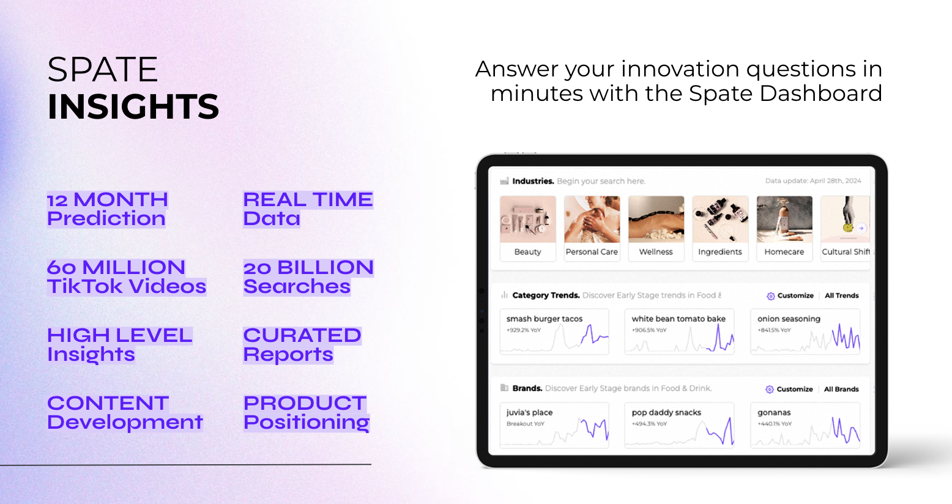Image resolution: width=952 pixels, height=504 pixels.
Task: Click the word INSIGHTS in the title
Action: click(x=133, y=106)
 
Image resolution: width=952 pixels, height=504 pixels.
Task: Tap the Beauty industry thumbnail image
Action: click(x=528, y=220)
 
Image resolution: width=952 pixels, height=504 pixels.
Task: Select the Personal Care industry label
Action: click(x=592, y=251)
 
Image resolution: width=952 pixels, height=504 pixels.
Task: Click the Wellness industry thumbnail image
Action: click(x=656, y=220)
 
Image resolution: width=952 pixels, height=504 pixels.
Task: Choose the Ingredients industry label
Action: click(x=720, y=251)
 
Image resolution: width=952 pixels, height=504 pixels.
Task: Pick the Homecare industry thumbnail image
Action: click(x=784, y=220)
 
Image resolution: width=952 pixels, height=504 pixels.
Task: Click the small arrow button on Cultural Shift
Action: click(x=861, y=228)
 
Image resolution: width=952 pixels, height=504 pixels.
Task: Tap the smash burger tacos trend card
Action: click(x=554, y=332)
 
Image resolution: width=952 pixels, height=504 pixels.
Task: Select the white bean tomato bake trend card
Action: click(x=679, y=332)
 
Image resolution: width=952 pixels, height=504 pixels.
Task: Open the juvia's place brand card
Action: click(x=554, y=425)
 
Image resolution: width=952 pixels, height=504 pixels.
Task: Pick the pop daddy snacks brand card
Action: click(x=679, y=425)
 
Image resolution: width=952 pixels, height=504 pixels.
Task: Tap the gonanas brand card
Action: click(x=805, y=425)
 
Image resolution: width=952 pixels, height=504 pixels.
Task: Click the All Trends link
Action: click(x=841, y=296)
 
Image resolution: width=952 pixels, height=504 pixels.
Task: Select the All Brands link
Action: click(x=841, y=389)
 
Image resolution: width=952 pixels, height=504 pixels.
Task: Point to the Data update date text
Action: click(x=813, y=180)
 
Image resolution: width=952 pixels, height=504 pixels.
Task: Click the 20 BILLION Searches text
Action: click(x=308, y=277)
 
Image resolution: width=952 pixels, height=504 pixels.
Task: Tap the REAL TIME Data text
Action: click(x=308, y=210)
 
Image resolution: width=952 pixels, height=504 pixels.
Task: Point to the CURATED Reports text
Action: click(x=302, y=345)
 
